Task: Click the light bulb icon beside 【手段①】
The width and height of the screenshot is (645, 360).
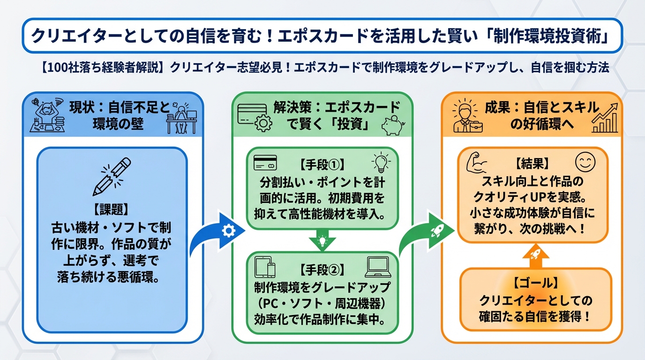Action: coord(381,162)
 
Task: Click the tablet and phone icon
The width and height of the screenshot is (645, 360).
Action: coord(265,267)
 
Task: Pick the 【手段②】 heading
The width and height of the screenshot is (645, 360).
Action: coord(322,270)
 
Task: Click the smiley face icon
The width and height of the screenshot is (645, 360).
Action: coord(585,162)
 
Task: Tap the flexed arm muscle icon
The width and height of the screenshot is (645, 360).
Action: coord(478,163)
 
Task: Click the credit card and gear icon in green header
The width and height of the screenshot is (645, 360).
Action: coord(255,117)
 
